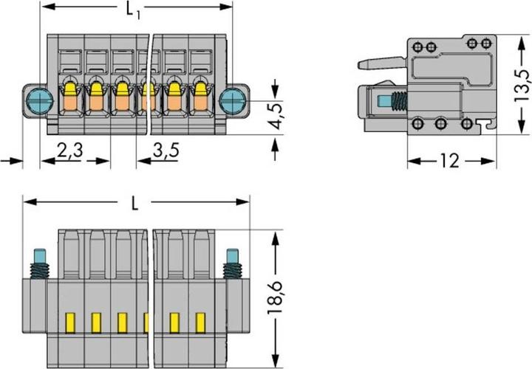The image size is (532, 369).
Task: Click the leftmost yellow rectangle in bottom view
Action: click(x=71, y=322)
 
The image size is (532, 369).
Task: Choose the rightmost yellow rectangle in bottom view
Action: click(x=199, y=322)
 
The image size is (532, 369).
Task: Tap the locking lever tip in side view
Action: click(x=361, y=65)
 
